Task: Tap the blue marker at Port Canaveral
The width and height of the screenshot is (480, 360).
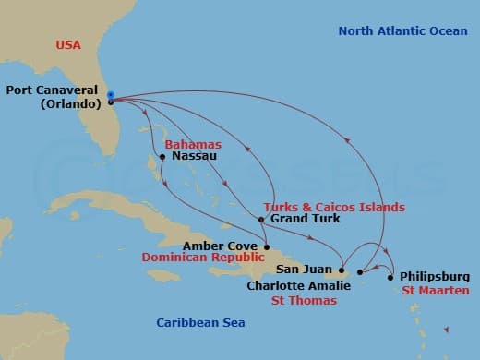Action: [110, 95]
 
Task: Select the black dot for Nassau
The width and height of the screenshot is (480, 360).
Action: [162, 156]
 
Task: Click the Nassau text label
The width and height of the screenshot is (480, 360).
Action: [193, 156]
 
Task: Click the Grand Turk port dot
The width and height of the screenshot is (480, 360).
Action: [261, 220]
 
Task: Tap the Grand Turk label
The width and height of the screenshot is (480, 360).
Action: [305, 219]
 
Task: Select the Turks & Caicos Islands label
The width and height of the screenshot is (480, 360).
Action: [334, 207]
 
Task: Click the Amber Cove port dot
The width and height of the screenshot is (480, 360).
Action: [266, 246]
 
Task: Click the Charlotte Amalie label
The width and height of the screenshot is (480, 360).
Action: [298, 285]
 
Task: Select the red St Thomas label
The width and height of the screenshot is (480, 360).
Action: [304, 300]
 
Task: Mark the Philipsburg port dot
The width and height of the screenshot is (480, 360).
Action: [390, 277]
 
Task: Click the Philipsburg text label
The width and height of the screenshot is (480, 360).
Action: [434, 276]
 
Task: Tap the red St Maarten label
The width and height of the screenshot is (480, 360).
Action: [438, 291]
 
